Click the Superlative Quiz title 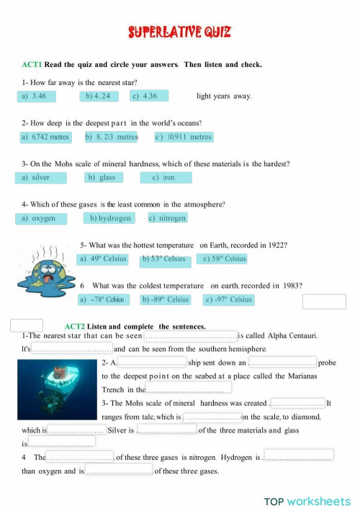coord(180,32)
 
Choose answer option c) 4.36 coord(148,96)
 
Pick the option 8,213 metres coord(111,137)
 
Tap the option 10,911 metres coord(183,137)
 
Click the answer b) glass coord(104,177)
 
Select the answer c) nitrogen coord(168,218)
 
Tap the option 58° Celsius coord(224,259)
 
